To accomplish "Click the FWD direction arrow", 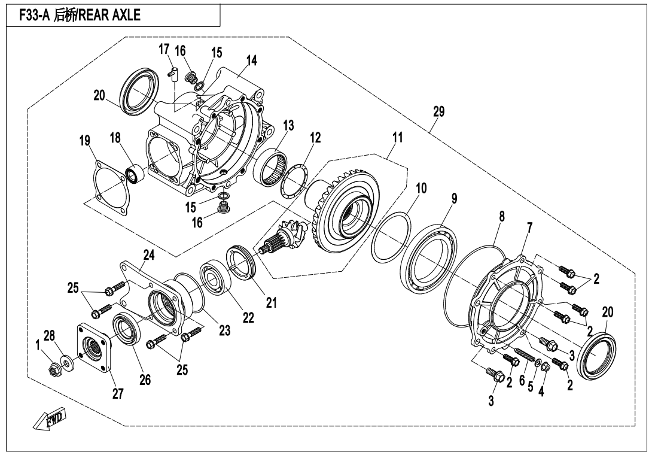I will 50,420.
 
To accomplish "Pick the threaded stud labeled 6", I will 525,356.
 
